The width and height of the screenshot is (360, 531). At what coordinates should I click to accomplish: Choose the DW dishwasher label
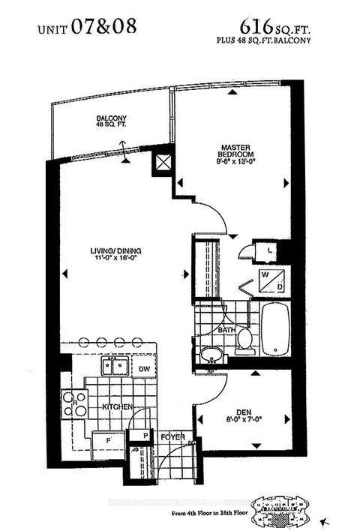(145, 369)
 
